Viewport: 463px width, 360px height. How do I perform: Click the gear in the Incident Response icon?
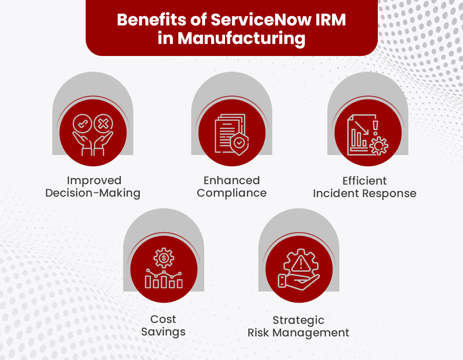[x=379, y=146]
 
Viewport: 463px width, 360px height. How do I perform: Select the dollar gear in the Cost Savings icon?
[x=163, y=258]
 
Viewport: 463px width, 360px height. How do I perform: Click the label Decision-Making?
[x=93, y=193]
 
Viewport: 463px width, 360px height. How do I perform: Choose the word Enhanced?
[x=231, y=180]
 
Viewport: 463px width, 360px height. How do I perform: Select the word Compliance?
[x=231, y=193]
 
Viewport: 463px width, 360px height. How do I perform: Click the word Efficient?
[x=364, y=180]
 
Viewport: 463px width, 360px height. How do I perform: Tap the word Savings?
[x=163, y=332]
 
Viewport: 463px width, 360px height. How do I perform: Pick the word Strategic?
[x=298, y=320]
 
